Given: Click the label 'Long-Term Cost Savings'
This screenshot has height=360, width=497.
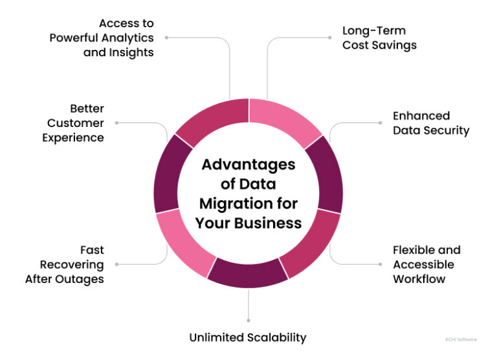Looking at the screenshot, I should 379,38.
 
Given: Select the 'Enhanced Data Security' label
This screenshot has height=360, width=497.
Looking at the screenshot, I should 430,123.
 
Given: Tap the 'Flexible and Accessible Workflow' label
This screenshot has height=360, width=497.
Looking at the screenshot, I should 426,264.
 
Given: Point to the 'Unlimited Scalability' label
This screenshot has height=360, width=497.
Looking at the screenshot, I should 247,337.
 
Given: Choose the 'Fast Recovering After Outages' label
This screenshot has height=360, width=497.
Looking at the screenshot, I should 65,264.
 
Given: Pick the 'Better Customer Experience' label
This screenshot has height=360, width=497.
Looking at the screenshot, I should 78,123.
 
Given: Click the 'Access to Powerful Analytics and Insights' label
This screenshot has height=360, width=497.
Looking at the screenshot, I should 102,38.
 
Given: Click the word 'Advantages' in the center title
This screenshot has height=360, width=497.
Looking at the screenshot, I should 248,164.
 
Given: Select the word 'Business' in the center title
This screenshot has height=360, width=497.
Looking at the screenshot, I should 272,223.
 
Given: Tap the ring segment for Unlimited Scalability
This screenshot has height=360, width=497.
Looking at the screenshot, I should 248,273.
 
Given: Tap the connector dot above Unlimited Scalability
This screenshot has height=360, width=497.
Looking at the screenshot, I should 248,319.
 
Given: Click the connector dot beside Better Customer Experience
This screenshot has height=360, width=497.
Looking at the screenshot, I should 116,122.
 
